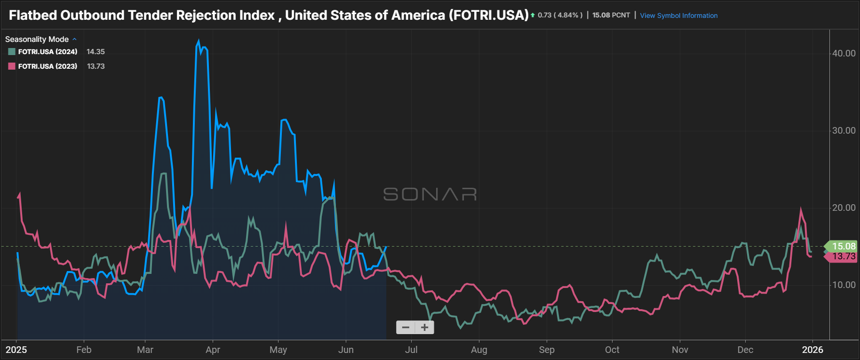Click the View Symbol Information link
678,16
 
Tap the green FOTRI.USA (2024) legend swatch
12,52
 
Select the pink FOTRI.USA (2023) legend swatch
12,66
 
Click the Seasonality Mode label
37,40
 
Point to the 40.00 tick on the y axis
844,54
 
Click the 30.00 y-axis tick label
844,131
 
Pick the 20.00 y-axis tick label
844,208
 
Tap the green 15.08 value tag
843,246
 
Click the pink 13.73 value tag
843,256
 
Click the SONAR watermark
430,194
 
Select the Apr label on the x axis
213,350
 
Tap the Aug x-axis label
479,350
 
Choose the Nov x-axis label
680,350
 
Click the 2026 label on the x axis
812,350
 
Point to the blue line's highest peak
199,41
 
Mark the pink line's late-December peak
801,209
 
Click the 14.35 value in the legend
96,52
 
